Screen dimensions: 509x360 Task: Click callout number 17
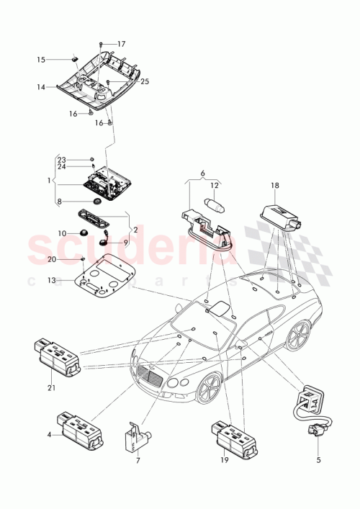pyautogui.click(x=122, y=44)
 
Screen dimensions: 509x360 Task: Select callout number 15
pyautogui.click(x=61, y=59)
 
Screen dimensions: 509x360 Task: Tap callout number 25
pyautogui.click(x=144, y=82)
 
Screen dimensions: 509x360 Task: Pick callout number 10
pyautogui.click(x=62, y=233)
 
